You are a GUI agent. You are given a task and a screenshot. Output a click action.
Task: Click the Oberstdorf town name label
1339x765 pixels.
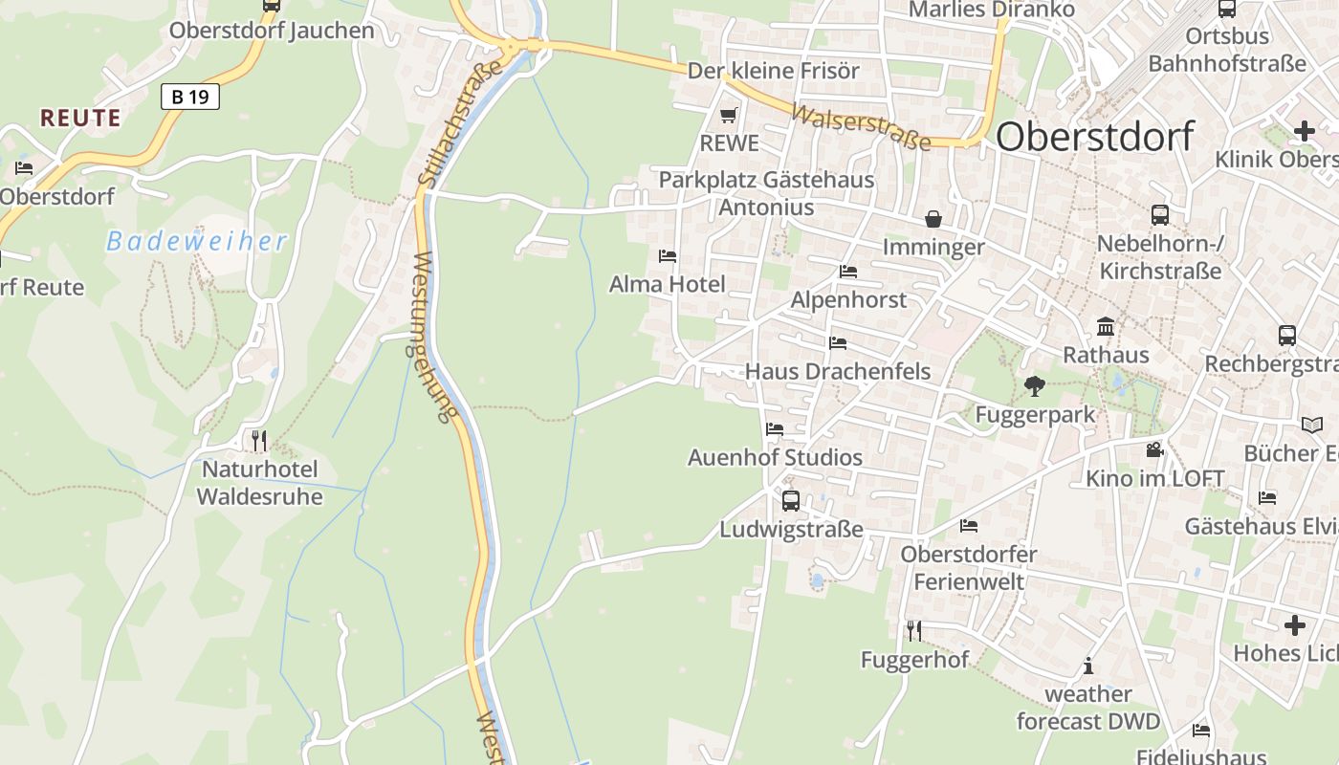click(x=1094, y=137)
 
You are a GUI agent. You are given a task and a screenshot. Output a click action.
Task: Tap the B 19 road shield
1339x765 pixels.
click(x=190, y=96)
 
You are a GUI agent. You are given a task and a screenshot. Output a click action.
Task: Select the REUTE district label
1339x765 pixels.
click(x=80, y=119)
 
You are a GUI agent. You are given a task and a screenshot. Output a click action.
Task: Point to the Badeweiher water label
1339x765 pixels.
click(x=196, y=242)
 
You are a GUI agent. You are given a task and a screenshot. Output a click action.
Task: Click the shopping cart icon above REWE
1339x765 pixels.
click(x=729, y=116)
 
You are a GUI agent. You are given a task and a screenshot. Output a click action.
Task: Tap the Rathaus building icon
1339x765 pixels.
click(x=1106, y=327)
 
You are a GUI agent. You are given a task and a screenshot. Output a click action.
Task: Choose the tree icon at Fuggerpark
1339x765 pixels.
click(x=1034, y=386)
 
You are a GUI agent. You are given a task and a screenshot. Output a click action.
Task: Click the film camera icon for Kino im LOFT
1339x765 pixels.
click(x=1154, y=449)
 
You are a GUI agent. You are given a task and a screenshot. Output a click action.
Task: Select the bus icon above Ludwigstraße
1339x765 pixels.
click(x=791, y=500)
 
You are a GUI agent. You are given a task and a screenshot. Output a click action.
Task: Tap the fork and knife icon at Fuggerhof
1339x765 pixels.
click(x=914, y=630)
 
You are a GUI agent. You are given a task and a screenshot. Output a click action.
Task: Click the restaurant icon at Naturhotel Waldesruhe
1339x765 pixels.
click(x=259, y=440)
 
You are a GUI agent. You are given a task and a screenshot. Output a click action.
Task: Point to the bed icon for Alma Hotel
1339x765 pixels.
click(x=668, y=255)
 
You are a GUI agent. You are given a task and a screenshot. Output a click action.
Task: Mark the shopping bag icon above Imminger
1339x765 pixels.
click(x=933, y=219)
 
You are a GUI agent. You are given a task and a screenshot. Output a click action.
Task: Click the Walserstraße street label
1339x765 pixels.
click(x=861, y=127)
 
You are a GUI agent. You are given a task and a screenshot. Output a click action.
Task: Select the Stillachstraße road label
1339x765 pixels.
click(x=460, y=122)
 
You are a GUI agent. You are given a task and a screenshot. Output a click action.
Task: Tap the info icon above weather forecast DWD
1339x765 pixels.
click(x=1087, y=666)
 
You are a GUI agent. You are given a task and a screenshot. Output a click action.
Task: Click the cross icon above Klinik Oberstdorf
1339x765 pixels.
click(x=1305, y=131)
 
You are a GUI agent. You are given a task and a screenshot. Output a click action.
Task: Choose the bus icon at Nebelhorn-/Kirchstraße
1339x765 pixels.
click(x=1160, y=214)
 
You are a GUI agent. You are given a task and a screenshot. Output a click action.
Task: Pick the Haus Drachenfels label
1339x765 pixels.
click(x=838, y=371)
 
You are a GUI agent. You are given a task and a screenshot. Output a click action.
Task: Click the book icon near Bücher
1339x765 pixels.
click(x=1312, y=424)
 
